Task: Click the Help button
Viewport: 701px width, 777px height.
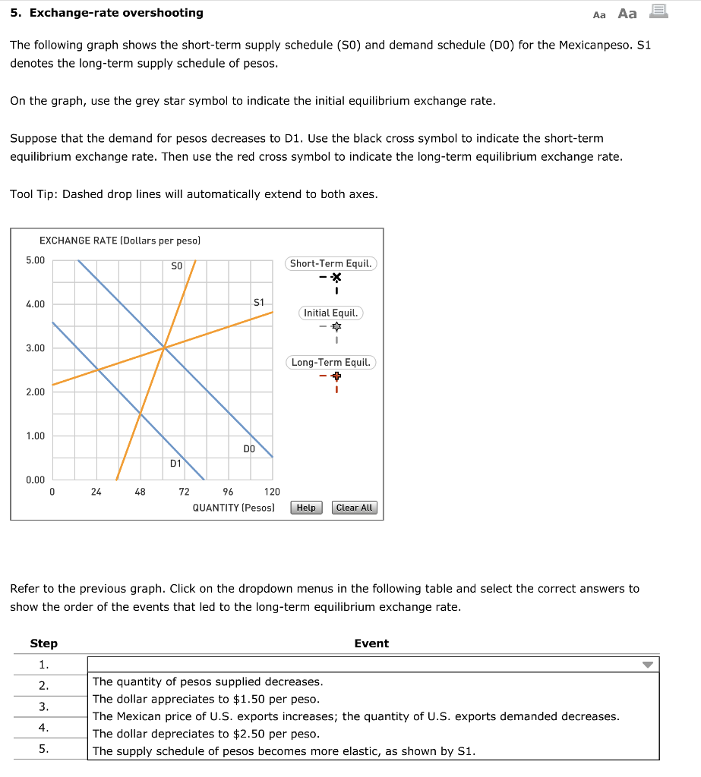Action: click(x=306, y=508)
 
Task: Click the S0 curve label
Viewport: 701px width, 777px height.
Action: click(x=176, y=266)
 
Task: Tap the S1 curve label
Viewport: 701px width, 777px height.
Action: click(x=258, y=302)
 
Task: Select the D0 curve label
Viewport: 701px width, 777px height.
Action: click(x=249, y=448)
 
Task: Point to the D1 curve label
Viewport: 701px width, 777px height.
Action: click(x=175, y=463)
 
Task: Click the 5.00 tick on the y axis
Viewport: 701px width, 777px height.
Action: click(x=36, y=260)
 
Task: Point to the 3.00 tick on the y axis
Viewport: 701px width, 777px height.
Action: click(x=36, y=348)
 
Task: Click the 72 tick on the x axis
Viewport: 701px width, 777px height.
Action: click(x=184, y=492)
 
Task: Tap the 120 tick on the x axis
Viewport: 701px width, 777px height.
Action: click(x=272, y=492)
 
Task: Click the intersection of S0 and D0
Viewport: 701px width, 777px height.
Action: click(x=163, y=348)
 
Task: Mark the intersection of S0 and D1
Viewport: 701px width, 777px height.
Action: click(x=141, y=414)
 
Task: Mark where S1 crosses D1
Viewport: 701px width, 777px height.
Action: click(x=96, y=370)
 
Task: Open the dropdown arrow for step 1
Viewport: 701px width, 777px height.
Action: click(x=647, y=665)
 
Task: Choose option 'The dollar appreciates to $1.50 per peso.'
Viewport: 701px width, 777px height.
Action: click(x=206, y=699)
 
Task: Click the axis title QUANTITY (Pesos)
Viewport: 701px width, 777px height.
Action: click(x=233, y=508)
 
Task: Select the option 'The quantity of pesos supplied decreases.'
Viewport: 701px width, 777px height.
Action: click(x=207, y=681)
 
